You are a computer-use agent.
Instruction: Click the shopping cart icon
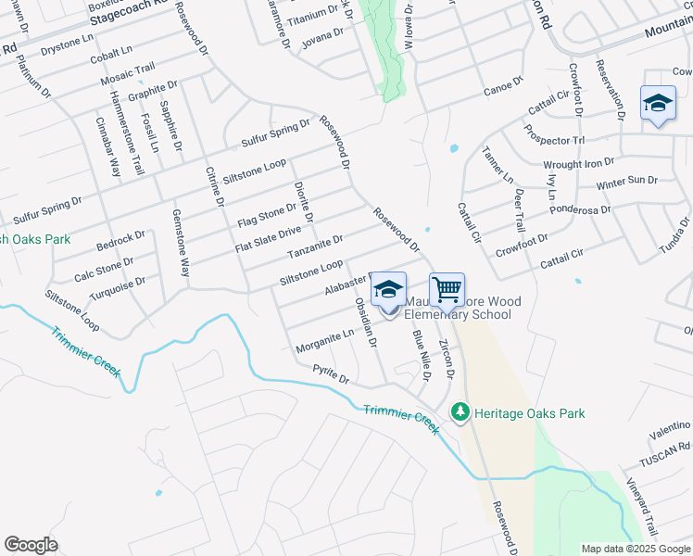447,290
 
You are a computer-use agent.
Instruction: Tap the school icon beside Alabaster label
389,289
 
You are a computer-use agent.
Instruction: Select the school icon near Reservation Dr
658,104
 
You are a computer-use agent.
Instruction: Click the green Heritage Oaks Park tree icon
459,411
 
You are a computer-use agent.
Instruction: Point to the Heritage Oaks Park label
528,413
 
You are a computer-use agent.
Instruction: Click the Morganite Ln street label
325,341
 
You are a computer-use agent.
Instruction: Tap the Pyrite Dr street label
331,374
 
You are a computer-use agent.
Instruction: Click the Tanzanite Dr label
315,247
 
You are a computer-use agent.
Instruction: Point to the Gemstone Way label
181,243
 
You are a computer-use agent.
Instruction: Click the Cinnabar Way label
108,148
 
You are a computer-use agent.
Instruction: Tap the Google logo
31,545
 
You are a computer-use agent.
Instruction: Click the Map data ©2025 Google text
636,549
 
